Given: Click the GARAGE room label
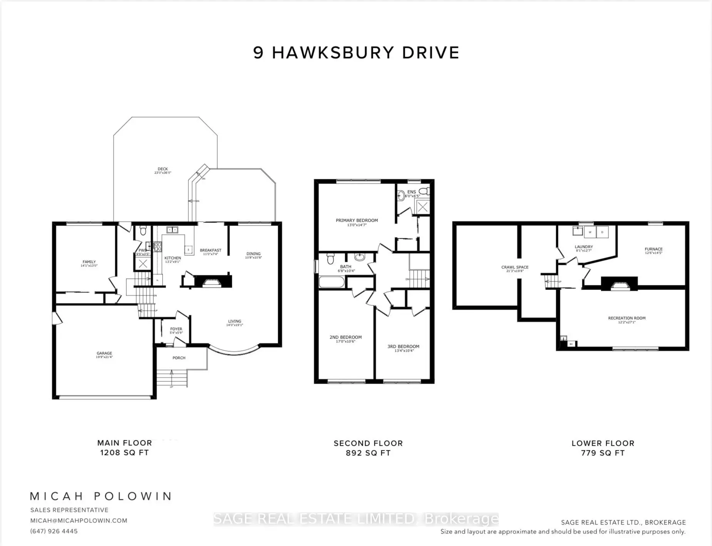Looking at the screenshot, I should (104, 353).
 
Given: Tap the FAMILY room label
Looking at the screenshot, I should (89, 262).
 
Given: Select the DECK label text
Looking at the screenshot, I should (163, 169).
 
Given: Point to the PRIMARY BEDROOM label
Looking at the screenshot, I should (357, 221).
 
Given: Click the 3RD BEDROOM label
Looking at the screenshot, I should (403, 346).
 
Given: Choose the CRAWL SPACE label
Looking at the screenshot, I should (515, 267).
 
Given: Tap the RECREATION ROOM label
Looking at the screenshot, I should (627, 318).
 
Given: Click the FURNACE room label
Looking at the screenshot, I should (653, 249).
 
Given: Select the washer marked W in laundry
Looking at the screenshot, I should (590, 232).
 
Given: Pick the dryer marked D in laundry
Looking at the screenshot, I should (602, 232).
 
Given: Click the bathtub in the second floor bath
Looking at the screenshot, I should (332, 283).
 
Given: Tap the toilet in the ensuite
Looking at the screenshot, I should (424, 191).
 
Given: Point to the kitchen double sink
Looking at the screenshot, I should (172, 230).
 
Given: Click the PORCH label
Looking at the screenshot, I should (179, 358).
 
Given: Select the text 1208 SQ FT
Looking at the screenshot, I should (124, 453).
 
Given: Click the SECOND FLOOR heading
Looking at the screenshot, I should (368, 443).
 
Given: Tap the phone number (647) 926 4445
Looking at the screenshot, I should (54, 531).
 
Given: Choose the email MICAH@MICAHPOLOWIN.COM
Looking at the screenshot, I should (79, 521).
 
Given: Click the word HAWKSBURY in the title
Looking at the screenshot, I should (333, 53).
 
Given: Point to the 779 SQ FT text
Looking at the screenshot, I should (603, 453).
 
